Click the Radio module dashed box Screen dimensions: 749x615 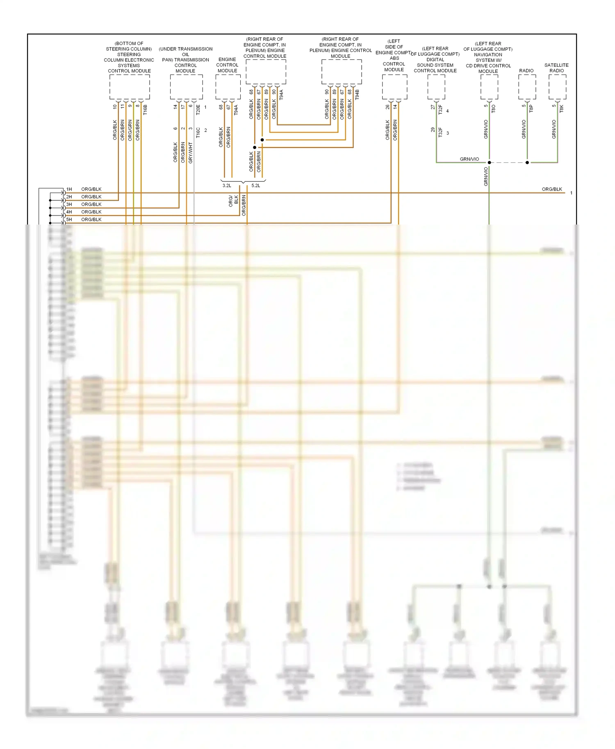click(527, 87)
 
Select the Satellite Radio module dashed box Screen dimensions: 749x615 click(557, 87)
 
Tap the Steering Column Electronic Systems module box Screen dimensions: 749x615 click(129, 87)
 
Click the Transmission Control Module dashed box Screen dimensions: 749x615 click(186, 87)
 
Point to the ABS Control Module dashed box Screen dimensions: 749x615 click(394, 87)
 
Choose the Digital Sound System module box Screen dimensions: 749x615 click(436, 87)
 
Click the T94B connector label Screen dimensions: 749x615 click(357, 95)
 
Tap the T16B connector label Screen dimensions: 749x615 click(145, 109)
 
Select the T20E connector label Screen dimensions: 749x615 click(198, 109)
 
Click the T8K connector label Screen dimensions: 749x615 click(562, 109)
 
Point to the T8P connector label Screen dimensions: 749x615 click(531, 109)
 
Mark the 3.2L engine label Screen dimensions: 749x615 click(227, 186)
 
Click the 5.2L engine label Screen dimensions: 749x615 click(255, 186)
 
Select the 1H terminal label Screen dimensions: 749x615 click(69, 189)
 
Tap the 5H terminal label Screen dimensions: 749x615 click(69, 220)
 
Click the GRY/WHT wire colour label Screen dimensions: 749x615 click(191, 153)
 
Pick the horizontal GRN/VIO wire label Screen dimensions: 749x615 click(469, 159)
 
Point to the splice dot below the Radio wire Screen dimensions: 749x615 click(527, 163)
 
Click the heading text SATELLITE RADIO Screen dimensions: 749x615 click(556, 68)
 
